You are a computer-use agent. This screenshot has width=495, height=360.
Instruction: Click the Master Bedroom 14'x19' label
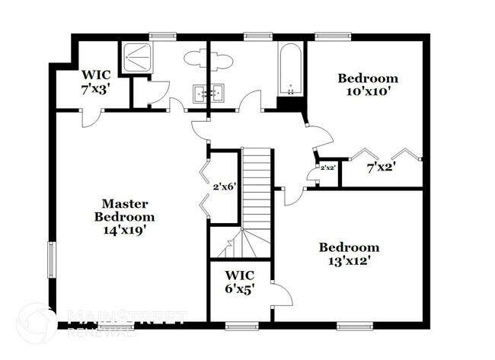[x=125, y=217]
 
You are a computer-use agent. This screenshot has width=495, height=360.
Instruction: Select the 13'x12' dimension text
[x=349, y=261]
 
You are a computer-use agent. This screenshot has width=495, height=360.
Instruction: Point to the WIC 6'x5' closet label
[x=240, y=282]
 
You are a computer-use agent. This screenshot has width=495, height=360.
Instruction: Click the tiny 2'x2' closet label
[x=327, y=168]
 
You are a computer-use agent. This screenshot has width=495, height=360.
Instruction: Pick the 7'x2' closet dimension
[x=382, y=167]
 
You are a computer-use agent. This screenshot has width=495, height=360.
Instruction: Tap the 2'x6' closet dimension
[x=225, y=187]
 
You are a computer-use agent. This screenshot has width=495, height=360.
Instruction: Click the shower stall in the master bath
[x=136, y=58]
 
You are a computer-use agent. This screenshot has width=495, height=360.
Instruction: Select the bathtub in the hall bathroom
[x=290, y=68]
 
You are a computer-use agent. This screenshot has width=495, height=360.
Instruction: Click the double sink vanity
[x=209, y=93]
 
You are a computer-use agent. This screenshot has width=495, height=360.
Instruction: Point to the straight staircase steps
[x=257, y=189]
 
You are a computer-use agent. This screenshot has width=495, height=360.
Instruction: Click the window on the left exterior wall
[x=51, y=260]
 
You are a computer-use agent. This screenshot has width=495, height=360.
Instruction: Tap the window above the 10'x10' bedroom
[x=333, y=36]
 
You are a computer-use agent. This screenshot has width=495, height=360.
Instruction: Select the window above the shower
[x=162, y=36]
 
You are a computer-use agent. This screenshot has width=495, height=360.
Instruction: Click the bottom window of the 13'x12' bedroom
[x=355, y=326]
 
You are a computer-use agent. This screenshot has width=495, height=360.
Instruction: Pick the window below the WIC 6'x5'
[x=242, y=326]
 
